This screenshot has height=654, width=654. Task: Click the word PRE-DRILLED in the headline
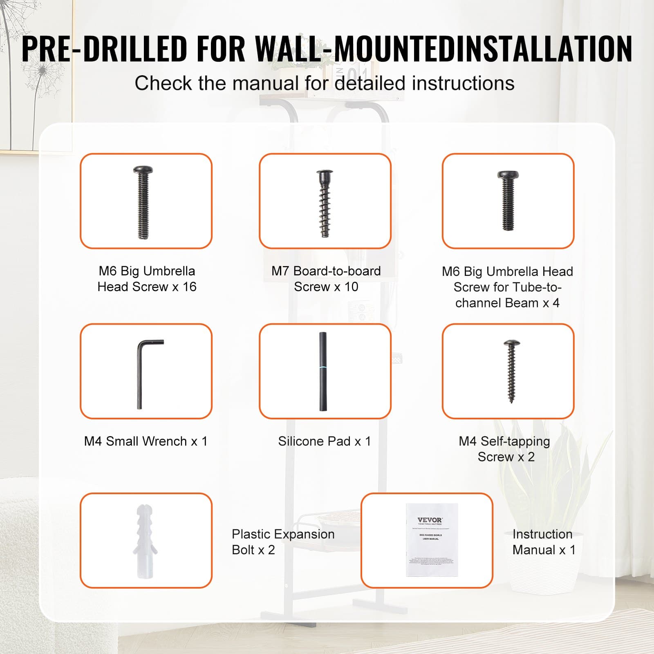pos(104,49)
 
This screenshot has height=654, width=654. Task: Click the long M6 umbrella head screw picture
pos(143,202)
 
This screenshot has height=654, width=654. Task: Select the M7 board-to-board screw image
pos(325,203)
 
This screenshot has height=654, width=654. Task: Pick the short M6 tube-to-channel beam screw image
pos(508,201)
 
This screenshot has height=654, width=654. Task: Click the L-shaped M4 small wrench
pos(141,374)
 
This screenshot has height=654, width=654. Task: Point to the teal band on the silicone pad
pos(323,368)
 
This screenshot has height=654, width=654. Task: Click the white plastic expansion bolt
pos(145,540)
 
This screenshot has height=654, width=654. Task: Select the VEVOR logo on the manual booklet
pos(430,520)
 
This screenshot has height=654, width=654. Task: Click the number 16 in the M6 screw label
pos(189,287)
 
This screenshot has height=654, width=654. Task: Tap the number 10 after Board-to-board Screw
pos(351,287)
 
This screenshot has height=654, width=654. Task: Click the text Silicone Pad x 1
pos(324,441)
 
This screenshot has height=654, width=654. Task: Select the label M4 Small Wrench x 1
pos(146,441)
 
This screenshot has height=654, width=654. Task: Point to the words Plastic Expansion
pos(283,534)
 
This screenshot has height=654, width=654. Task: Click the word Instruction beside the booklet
pos(542,534)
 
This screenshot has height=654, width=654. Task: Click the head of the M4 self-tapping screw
pos(511,343)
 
